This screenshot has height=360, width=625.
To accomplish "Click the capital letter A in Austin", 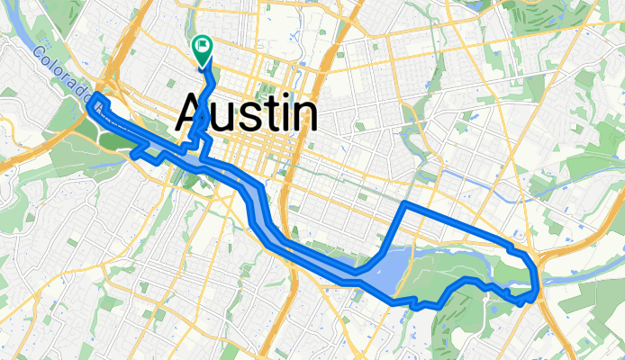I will point(193,113).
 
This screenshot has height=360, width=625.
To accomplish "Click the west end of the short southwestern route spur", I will point(134,156).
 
